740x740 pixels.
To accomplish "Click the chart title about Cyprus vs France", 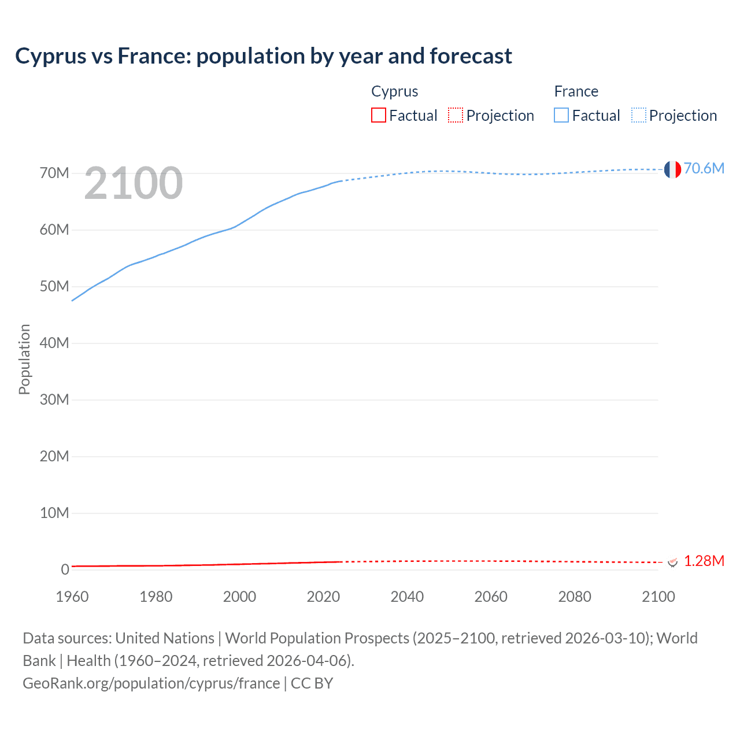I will [x=264, y=56].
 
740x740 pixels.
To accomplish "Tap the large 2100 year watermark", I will [x=134, y=183].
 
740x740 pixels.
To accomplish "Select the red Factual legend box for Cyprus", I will [x=378, y=115].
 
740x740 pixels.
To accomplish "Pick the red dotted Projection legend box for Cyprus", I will [x=456, y=115].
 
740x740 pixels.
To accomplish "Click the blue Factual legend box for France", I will [x=561, y=115].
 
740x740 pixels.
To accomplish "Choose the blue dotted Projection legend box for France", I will [x=639, y=115].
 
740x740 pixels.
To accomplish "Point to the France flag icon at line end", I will [x=672, y=169].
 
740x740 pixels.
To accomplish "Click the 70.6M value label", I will [x=704, y=168].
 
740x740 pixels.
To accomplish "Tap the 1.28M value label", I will [x=704, y=561].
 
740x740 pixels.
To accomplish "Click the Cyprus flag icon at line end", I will [x=672, y=561].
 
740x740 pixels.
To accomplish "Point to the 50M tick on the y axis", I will [x=54, y=287].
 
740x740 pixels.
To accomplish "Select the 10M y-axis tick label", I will [x=54, y=513].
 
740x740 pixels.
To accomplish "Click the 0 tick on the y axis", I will [x=65, y=569].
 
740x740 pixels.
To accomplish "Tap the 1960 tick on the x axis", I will [x=72, y=597].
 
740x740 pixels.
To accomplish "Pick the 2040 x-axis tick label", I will [x=407, y=597].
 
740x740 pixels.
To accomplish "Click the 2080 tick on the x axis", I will [x=575, y=597].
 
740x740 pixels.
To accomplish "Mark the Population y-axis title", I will [x=24, y=359].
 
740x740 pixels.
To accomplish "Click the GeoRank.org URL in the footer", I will [x=151, y=683].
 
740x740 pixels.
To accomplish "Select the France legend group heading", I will [x=576, y=91].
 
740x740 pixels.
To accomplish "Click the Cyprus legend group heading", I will [x=394, y=91].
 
